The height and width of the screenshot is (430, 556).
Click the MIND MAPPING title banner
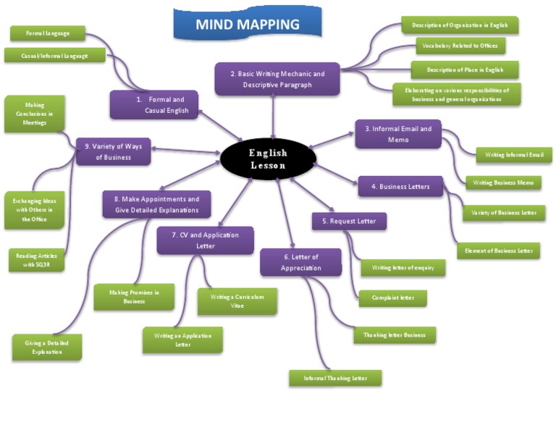click(247, 25)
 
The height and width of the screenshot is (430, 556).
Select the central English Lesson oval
click(268, 159)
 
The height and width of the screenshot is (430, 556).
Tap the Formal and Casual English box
click(153, 105)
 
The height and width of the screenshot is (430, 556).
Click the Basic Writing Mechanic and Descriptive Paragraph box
click(277, 79)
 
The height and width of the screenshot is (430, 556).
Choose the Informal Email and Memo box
click(397, 134)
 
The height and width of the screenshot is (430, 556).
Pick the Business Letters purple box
click(400, 187)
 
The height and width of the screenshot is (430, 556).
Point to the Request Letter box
click(349, 221)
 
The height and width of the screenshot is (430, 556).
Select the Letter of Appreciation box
click(300, 262)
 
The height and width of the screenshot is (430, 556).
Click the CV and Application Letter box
click(205, 240)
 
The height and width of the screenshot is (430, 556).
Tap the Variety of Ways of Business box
click(113, 152)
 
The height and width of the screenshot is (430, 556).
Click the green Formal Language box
click(48, 33)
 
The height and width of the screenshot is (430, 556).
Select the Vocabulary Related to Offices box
click(460, 46)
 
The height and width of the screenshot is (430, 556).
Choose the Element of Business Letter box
click(498, 250)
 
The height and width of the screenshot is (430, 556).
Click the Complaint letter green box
click(392, 298)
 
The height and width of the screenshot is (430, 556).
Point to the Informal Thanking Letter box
click(335, 377)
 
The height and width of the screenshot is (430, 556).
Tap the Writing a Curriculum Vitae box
click(237, 301)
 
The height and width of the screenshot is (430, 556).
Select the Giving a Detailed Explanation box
click(47, 347)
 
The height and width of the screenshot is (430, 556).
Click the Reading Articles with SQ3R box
click(35, 260)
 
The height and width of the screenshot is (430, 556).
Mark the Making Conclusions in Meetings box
click(34, 114)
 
